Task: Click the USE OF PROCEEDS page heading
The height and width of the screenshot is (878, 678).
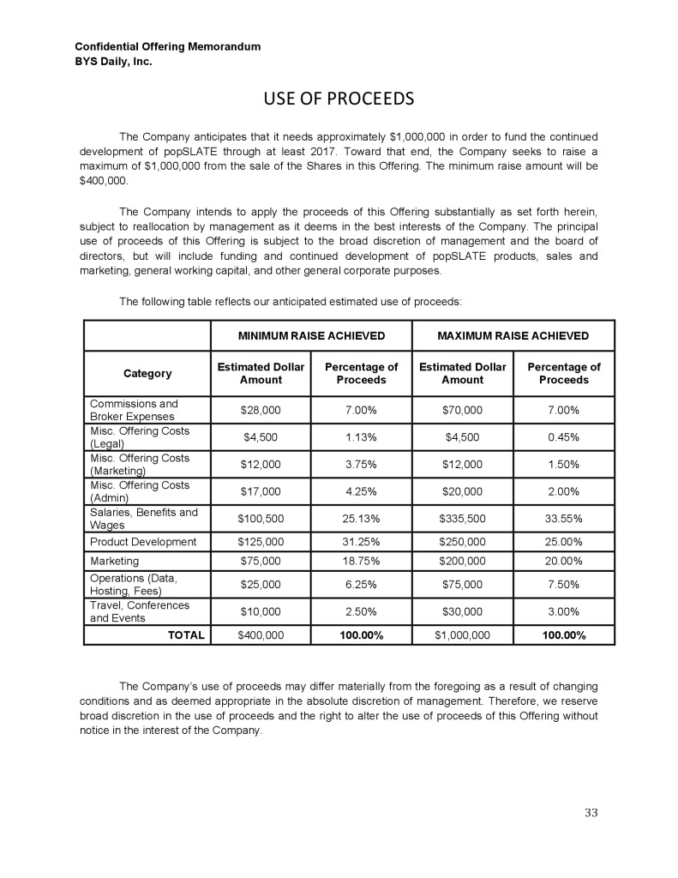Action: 339,99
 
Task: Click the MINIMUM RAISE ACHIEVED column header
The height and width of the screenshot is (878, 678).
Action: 311,335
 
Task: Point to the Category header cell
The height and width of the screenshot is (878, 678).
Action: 147,374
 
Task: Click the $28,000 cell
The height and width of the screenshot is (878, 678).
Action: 261,410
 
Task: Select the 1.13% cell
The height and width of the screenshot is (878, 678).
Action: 362,437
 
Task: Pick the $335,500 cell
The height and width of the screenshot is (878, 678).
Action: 463,519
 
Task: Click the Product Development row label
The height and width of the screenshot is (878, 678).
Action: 143,541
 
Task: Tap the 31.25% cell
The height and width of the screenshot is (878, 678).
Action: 362,541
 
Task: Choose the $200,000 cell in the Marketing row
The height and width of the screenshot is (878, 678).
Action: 463,562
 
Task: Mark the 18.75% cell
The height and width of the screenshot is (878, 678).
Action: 362,562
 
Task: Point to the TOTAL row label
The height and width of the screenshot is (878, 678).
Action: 185,635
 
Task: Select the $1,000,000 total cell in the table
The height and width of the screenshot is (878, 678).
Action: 463,635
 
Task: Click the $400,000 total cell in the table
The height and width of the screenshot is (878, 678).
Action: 261,635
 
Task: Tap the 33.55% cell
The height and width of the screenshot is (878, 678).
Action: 564,519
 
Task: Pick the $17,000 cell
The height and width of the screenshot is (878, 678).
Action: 261,491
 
